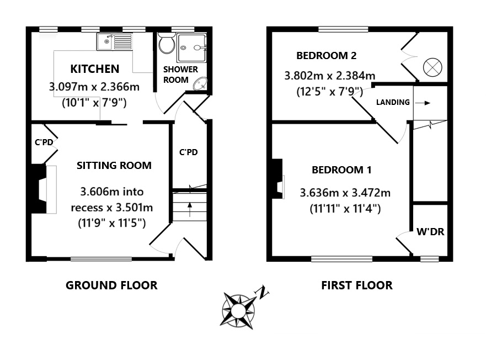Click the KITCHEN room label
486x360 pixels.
[x=94, y=69]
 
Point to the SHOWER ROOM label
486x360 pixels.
[x=180, y=75]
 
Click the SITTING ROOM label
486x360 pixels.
[x=114, y=165]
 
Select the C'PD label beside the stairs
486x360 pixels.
[x=188, y=152]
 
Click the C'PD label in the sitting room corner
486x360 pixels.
[x=44, y=142]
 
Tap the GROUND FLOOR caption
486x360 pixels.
[x=111, y=285]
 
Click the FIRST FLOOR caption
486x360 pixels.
[x=357, y=285]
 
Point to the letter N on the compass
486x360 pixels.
[x=264, y=292]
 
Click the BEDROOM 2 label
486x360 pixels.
[x=326, y=56]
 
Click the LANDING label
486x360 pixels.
[x=393, y=102]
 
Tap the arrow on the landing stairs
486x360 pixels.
[x=423, y=103]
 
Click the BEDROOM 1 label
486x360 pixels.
[x=341, y=170]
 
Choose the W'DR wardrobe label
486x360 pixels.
[x=430, y=232]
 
